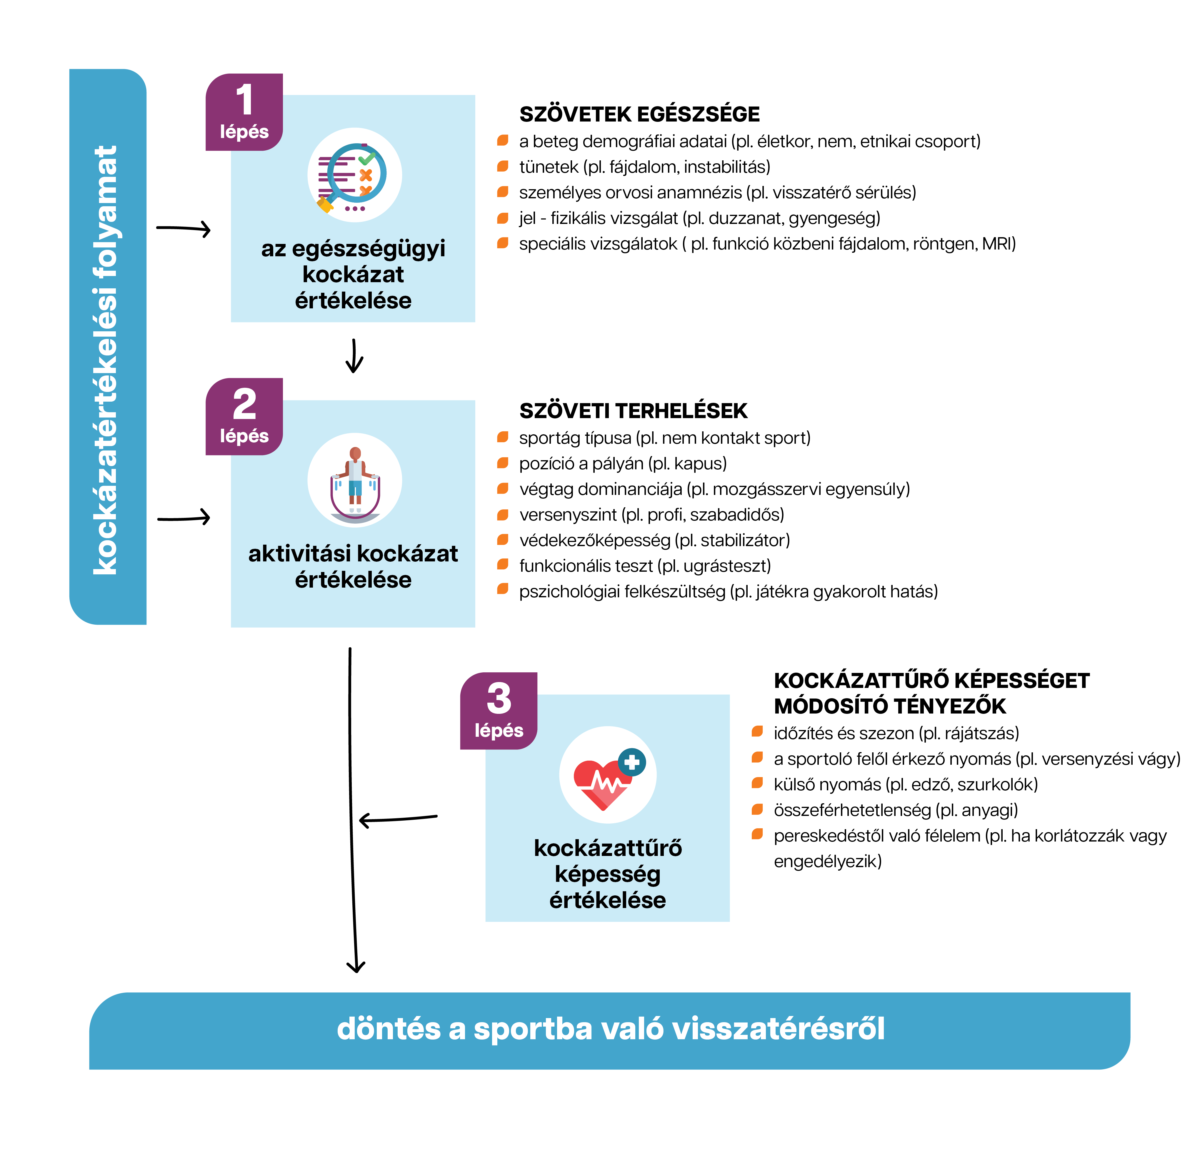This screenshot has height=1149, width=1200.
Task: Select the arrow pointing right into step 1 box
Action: pos(184,229)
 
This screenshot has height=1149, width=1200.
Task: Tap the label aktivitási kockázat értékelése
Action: pos(353,566)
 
